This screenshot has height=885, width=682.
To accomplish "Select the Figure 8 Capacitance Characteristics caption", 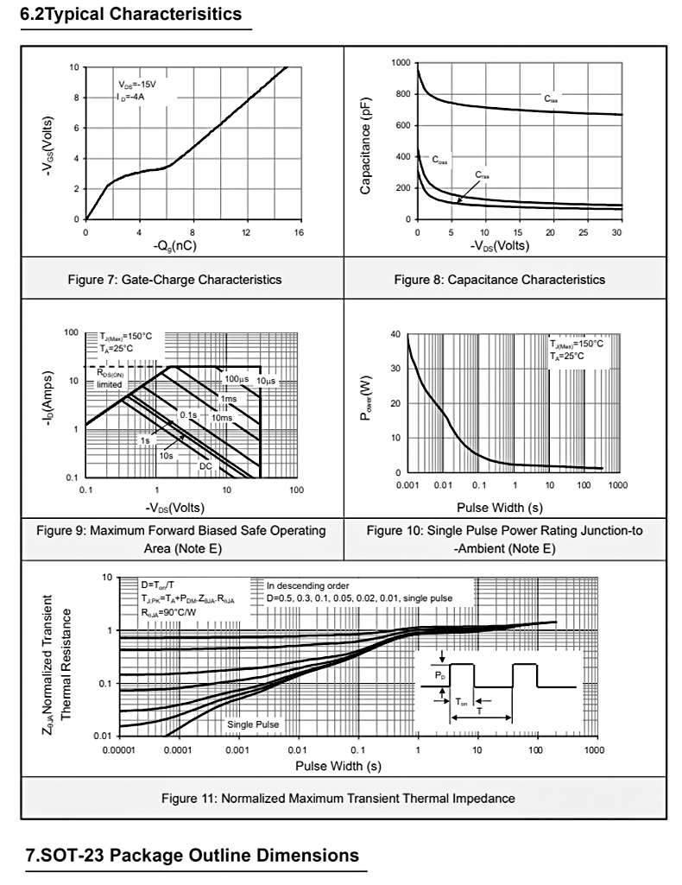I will coord(499,280).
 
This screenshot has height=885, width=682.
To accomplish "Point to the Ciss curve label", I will coord(551,99).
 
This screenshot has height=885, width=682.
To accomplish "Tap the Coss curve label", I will coord(440,160).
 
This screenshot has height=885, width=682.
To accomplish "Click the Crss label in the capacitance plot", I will coord(483,174).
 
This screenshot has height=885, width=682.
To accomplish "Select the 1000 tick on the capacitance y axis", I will coord(401,63).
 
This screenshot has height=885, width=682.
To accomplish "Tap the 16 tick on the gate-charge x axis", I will coord(299,233).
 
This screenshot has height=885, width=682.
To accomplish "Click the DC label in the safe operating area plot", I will coord(205,466).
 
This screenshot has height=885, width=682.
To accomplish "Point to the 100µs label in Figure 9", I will coord(237,379).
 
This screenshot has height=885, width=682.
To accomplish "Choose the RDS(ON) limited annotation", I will coord(110,378).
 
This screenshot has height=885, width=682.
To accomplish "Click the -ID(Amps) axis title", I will coord(49,405).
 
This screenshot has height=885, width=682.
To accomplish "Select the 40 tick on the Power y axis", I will coord(395,334).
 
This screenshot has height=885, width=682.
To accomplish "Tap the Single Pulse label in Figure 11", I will coord(252,724).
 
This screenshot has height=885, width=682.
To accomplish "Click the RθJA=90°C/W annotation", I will coord(171,610).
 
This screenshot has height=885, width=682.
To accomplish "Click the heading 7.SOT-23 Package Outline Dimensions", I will coord(193,856).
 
